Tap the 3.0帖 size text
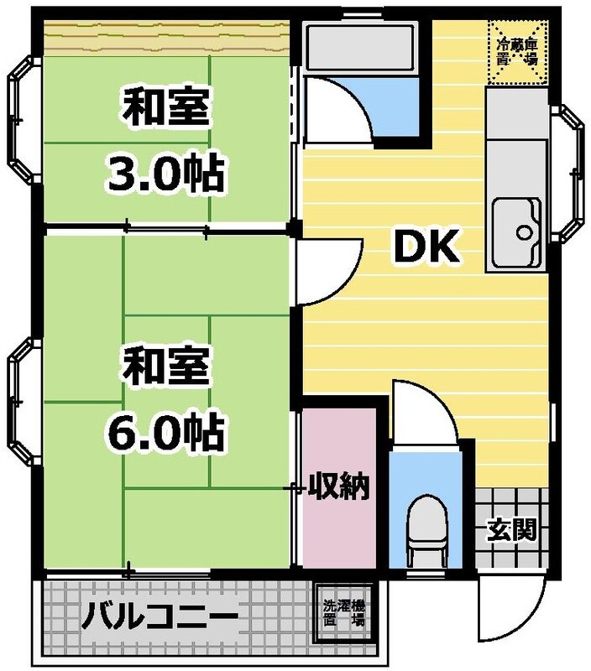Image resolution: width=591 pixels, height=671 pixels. (164, 174)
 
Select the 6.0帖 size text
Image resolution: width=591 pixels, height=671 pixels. (164, 432)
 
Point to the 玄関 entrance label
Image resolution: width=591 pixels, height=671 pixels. (513, 529)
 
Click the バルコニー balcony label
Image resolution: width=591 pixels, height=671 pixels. (159, 620)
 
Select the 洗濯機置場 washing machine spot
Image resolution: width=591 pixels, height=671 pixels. (345, 612)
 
